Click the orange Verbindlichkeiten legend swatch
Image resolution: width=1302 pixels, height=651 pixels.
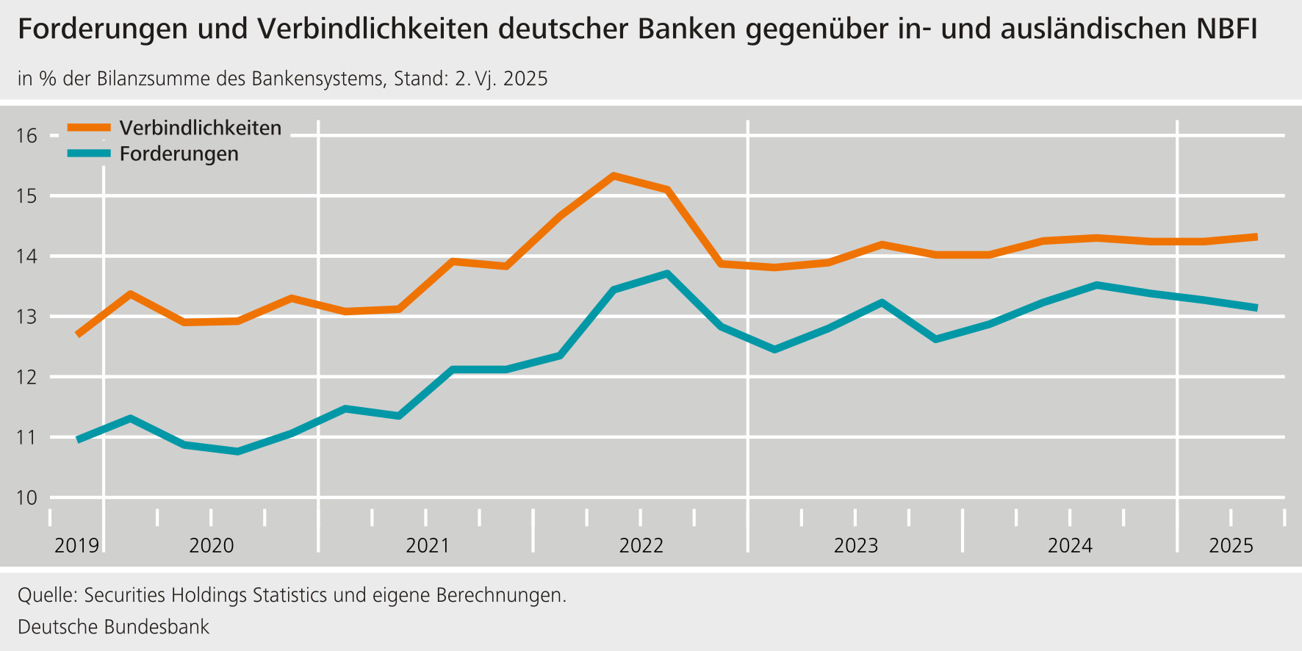pos(89,128)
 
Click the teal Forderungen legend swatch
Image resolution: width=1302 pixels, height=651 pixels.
pos(89,154)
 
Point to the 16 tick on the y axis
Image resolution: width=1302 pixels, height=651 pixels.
pos(27,136)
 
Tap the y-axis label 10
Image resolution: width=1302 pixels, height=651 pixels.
pos(27,498)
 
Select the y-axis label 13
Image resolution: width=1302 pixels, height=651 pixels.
pos(27,317)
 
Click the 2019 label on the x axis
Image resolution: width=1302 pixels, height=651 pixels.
pos(76,546)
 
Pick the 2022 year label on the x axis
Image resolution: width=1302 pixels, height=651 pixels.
pos(641,546)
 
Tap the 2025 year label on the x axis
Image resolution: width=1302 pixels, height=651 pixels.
pos(1231,546)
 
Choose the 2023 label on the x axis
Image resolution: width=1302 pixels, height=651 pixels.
pos(856,546)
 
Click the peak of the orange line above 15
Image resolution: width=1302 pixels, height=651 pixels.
pos(614,176)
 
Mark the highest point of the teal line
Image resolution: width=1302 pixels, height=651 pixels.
pos(666,274)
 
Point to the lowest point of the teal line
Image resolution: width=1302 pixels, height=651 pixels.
pos(237,451)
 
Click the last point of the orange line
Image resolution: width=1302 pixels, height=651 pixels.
pos(1256,237)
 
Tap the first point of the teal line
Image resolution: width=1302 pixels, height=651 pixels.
pos(79,439)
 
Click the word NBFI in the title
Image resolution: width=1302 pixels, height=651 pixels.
pos(1226,29)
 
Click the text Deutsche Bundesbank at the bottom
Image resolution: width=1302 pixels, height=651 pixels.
pos(113,627)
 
